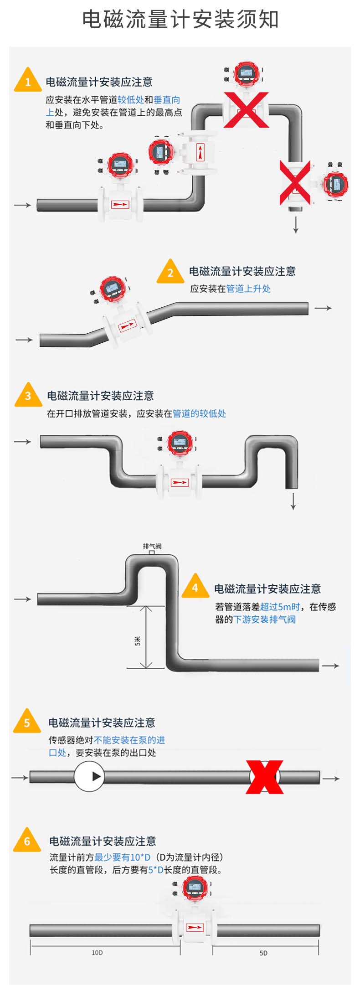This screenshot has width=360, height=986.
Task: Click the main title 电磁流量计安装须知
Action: pyautogui.click(x=180, y=20)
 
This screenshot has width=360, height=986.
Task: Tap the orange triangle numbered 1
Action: pyautogui.click(x=28, y=81)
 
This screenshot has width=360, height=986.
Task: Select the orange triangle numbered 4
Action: pyautogui.click(x=195, y=588)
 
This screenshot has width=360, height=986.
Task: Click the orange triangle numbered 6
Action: pyautogui.click(x=27, y=840)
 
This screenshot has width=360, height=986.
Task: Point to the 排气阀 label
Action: pyautogui.click(x=152, y=546)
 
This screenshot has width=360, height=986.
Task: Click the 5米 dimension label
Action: pyautogui.click(x=138, y=641)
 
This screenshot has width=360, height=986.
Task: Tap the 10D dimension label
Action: pyautogui.click(x=97, y=952)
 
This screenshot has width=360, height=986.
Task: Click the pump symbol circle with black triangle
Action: pyautogui.click(x=89, y=776)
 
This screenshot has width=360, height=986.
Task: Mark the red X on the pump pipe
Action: pyautogui.click(x=265, y=777)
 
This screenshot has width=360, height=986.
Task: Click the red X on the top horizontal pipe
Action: pyautogui.click(x=245, y=109)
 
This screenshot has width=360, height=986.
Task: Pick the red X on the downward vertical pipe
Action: pyautogui.click(x=295, y=182)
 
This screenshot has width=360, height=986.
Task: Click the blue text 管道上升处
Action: pyautogui.click(x=248, y=289)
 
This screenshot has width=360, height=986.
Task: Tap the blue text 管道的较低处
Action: pyautogui.click(x=199, y=413)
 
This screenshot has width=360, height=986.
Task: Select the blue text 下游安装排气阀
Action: pyautogui.click(x=264, y=619)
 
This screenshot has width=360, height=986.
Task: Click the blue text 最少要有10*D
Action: pyautogui.click(x=122, y=857)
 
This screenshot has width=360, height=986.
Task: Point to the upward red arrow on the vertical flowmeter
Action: pyautogui.click(x=200, y=152)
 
